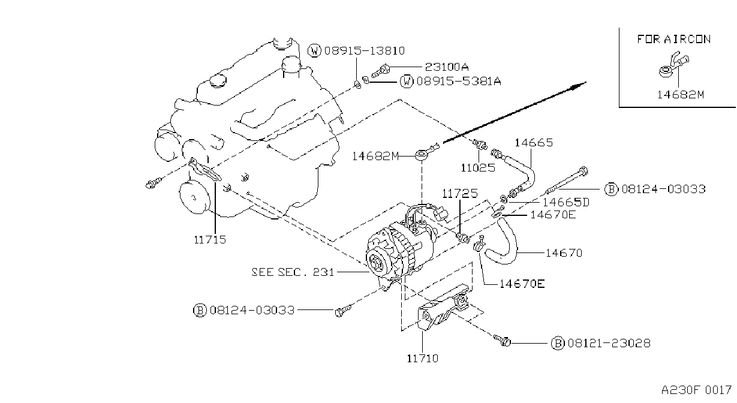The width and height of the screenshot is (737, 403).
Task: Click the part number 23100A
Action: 447,67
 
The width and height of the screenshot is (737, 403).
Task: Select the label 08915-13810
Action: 365,50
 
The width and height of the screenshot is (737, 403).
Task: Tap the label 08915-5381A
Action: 459,81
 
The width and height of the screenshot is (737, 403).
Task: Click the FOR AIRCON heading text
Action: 674,39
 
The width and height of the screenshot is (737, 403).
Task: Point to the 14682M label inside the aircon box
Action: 681,95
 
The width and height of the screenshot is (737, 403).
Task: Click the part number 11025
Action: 478,168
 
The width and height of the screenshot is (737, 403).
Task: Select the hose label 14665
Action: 534,143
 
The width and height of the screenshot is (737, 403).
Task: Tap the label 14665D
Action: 566,202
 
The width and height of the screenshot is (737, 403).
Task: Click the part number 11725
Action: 459,194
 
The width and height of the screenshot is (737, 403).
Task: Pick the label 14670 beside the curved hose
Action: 564,253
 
